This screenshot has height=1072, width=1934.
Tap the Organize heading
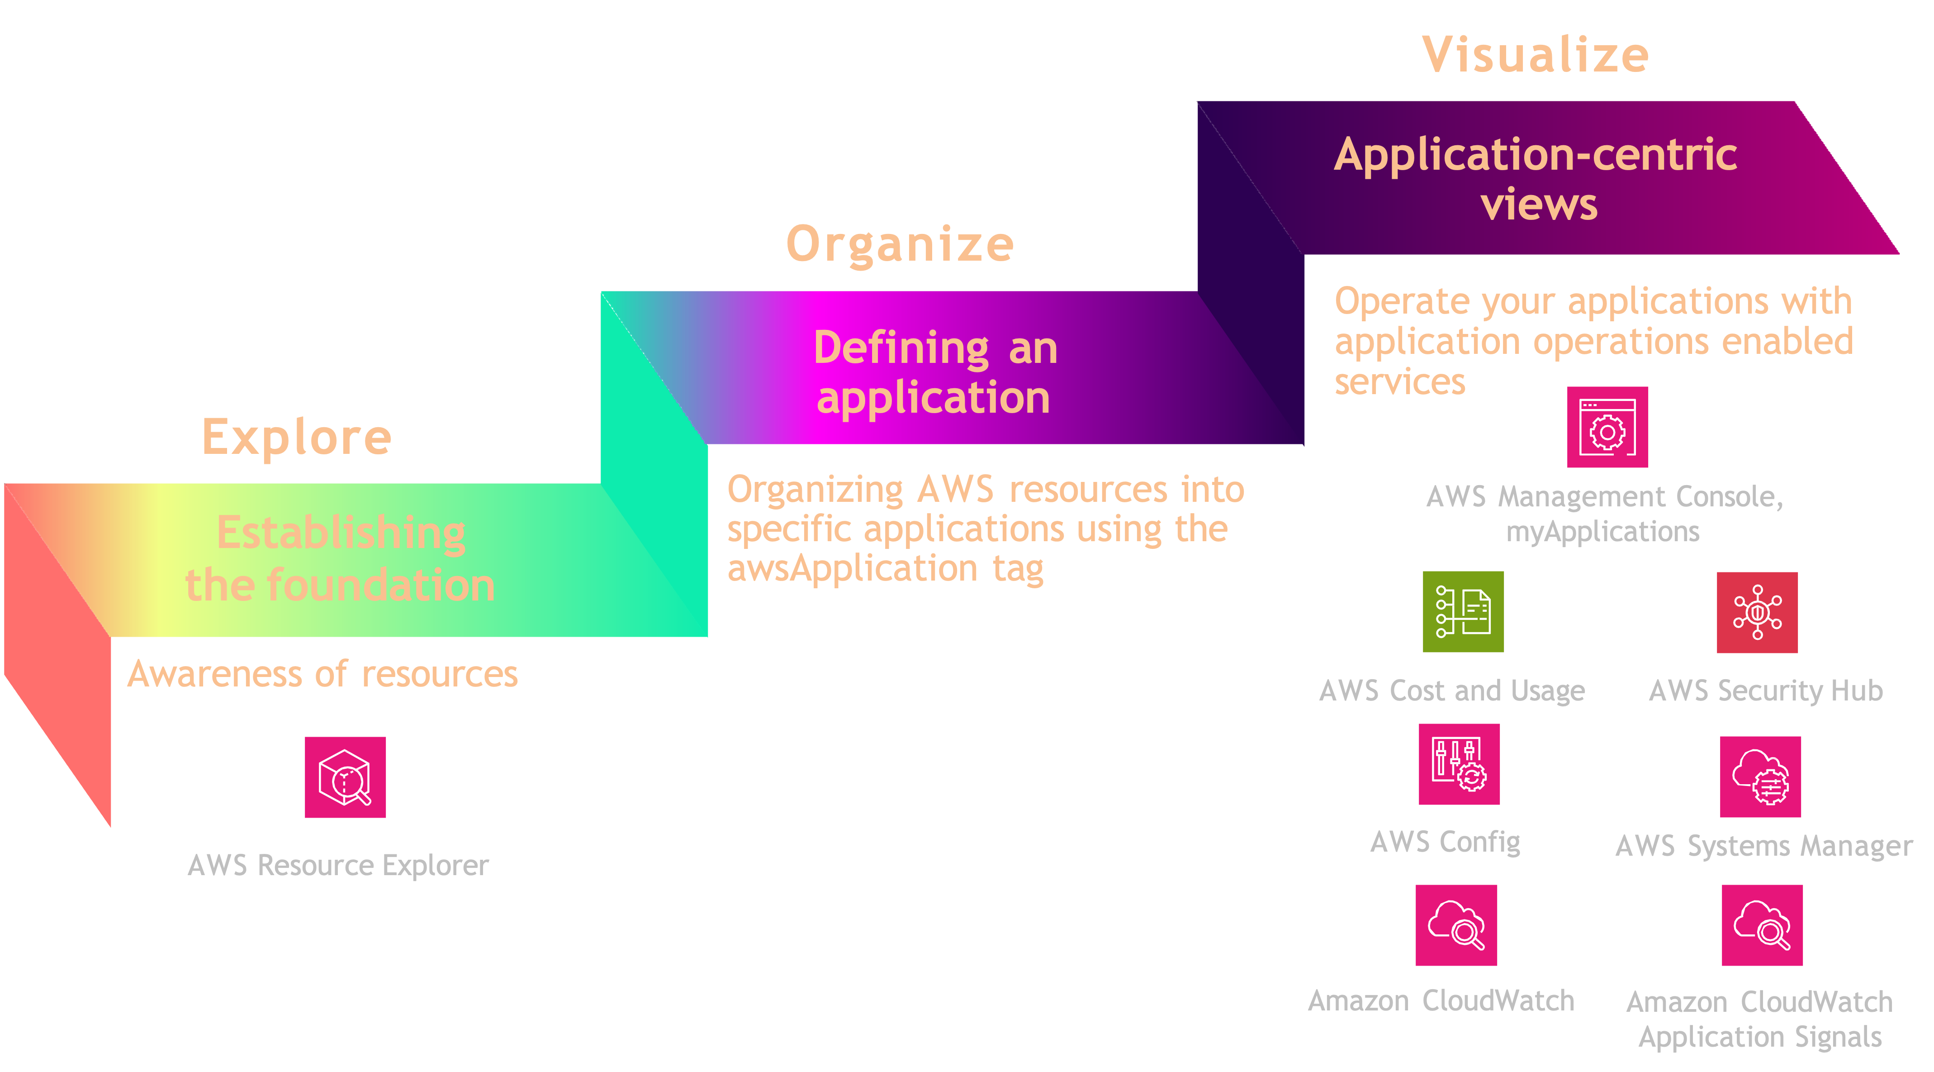[900, 244]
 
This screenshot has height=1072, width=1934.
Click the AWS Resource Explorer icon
[346, 777]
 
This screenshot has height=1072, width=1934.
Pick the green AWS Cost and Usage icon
[1463, 611]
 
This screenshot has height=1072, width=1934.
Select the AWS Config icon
[1459, 764]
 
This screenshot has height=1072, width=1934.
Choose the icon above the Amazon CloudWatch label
[1456, 925]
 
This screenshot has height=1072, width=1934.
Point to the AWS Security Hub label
[1765, 691]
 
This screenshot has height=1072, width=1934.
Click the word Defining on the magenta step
[901, 348]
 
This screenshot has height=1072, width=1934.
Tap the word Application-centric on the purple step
[1536, 155]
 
